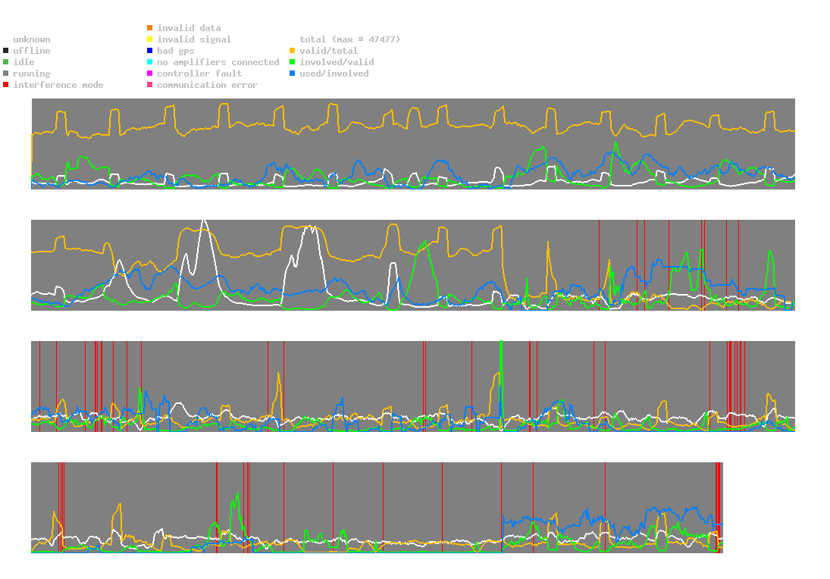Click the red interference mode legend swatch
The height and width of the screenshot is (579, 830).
pyautogui.click(x=6, y=85)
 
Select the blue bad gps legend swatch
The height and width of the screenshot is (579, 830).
pyautogui.click(x=150, y=51)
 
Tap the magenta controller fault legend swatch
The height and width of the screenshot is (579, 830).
pyautogui.click(x=150, y=74)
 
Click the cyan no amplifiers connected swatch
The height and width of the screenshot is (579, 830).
pyautogui.click(x=150, y=62)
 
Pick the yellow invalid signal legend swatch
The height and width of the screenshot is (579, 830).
pyautogui.click(x=150, y=39)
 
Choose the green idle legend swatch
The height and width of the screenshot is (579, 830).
pyautogui.click(x=6, y=62)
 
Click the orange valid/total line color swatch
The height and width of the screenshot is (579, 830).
pyautogui.click(x=293, y=51)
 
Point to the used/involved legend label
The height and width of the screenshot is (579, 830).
pyautogui.click(x=334, y=74)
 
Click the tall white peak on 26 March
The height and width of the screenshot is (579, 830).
pyautogui.click(x=203, y=221)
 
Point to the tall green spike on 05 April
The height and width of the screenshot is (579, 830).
pyautogui.click(x=502, y=345)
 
